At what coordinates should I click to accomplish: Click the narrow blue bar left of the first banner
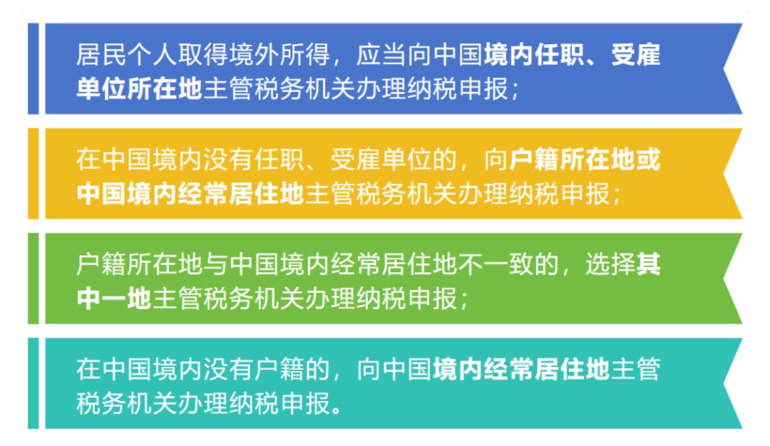click(x=34, y=68)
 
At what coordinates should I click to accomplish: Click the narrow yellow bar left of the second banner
click(x=34, y=174)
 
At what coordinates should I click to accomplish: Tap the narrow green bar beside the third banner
click(x=34, y=278)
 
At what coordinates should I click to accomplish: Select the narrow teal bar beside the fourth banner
click(x=34, y=383)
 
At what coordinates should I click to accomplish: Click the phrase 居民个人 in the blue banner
click(x=127, y=54)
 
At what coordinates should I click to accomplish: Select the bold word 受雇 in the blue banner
click(x=635, y=54)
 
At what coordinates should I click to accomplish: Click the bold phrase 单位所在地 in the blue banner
click(x=140, y=89)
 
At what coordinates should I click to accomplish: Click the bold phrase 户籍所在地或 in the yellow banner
click(x=585, y=160)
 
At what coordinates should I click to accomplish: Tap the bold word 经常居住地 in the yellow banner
click(x=241, y=194)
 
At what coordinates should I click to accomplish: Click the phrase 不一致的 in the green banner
click(x=508, y=264)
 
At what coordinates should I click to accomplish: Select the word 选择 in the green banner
click(x=610, y=264)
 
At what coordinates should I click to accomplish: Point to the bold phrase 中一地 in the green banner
click(x=114, y=299)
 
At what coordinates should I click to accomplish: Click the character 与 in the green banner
click(x=215, y=264)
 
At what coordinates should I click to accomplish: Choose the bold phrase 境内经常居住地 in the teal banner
click(x=521, y=369)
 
